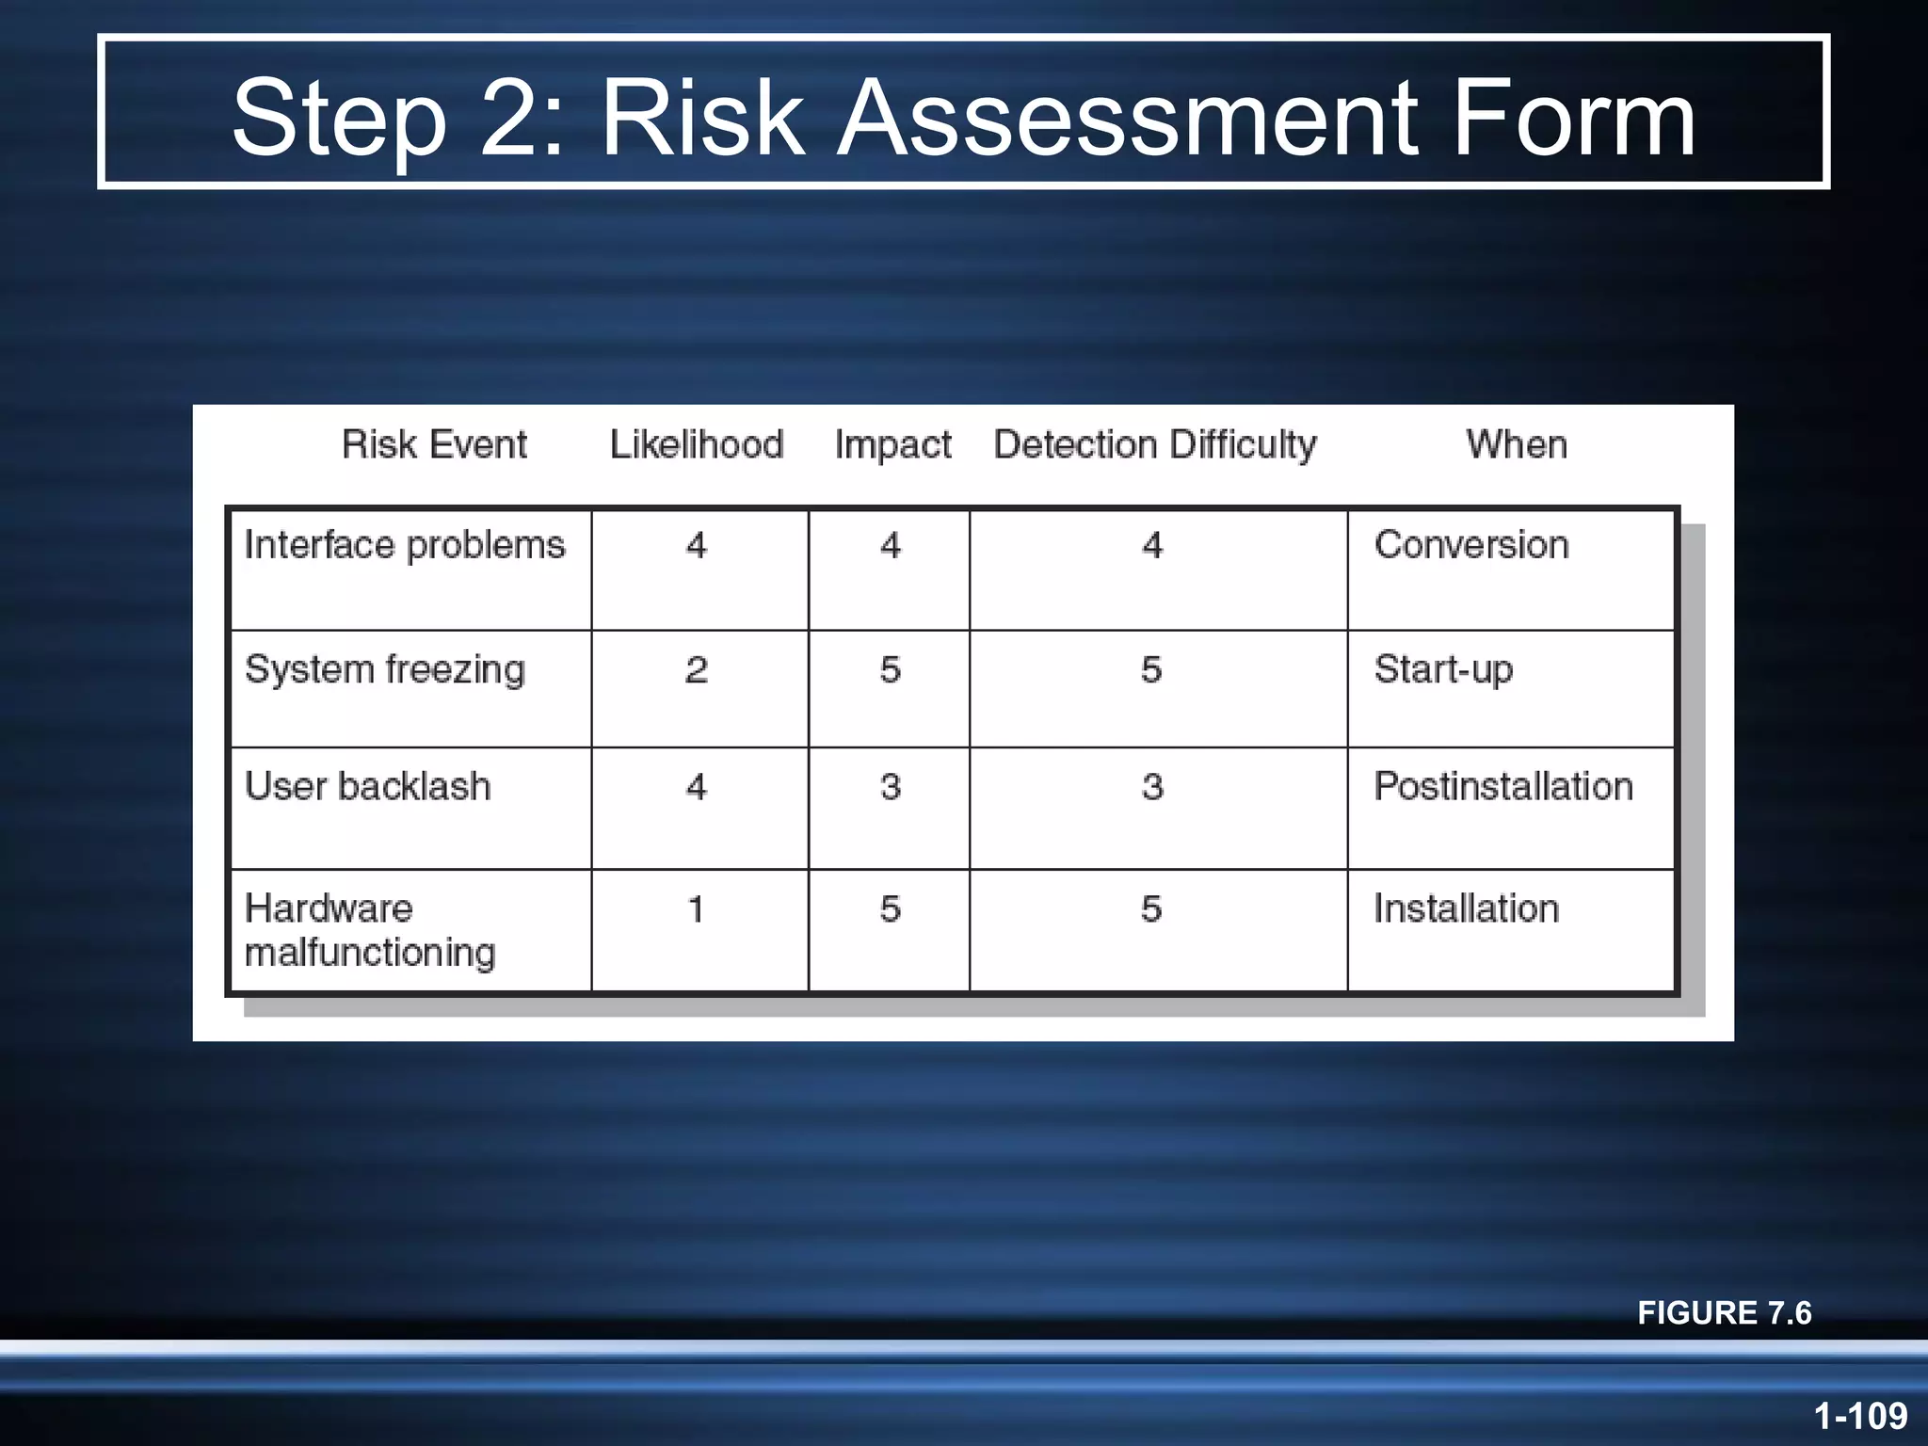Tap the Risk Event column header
click(434, 444)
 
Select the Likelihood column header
click(697, 444)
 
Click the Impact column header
click(892, 444)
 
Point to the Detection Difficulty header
click(1155, 444)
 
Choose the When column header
click(1517, 444)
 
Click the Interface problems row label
click(405, 545)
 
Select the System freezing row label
click(385, 669)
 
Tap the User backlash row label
click(368, 786)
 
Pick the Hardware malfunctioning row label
click(369, 930)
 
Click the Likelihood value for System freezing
click(697, 669)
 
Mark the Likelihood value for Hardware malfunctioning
click(697, 909)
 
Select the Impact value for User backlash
click(891, 786)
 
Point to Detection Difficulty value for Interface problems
click(1152, 545)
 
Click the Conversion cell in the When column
click(1471, 545)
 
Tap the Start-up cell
click(1443, 669)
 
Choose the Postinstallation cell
click(1503, 786)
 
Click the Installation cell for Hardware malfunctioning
click(1467, 909)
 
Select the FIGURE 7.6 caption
click(1724, 1312)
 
